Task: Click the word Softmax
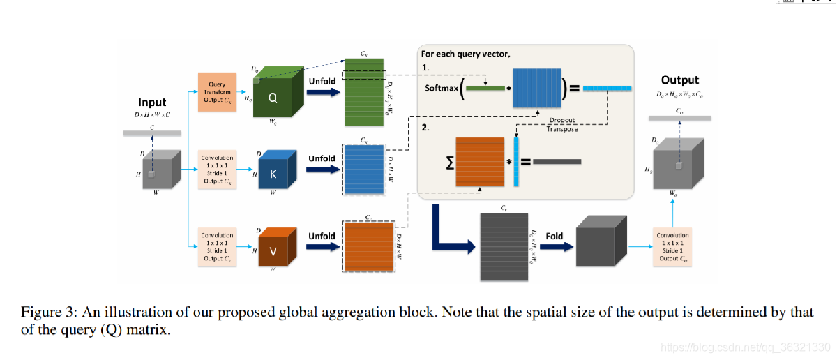click(x=442, y=89)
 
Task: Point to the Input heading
click(x=152, y=102)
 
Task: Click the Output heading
click(x=679, y=80)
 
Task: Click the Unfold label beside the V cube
click(x=322, y=236)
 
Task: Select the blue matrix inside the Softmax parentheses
click(x=536, y=88)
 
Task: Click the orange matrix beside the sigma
click(x=480, y=163)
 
